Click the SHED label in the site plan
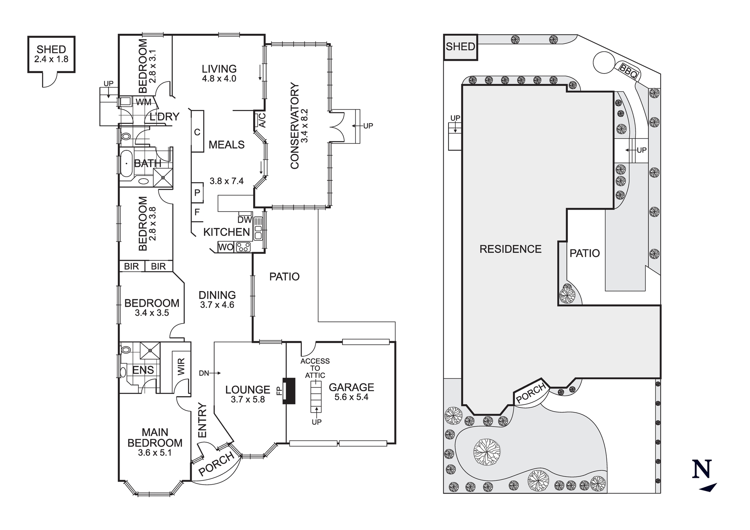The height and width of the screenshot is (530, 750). pyautogui.click(x=460, y=47)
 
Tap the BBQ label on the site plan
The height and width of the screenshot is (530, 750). pyautogui.click(x=628, y=71)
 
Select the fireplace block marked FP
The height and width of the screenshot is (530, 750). pyautogui.click(x=289, y=391)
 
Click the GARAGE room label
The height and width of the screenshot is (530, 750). pyautogui.click(x=351, y=387)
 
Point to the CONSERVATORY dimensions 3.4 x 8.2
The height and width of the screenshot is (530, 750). pyautogui.click(x=304, y=126)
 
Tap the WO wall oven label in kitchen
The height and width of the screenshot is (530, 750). pyautogui.click(x=226, y=247)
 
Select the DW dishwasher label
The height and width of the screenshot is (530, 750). pyautogui.click(x=244, y=219)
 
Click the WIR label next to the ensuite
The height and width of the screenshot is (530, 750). pyautogui.click(x=181, y=366)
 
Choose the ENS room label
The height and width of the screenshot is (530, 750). pyautogui.click(x=143, y=370)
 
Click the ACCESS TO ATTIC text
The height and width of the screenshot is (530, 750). pyautogui.click(x=315, y=368)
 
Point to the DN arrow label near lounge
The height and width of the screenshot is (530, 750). pyautogui.click(x=204, y=373)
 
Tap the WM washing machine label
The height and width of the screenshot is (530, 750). pyautogui.click(x=143, y=102)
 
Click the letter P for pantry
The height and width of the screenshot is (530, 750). pyautogui.click(x=197, y=193)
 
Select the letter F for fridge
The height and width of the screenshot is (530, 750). pyautogui.click(x=197, y=212)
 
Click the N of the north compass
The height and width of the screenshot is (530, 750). pyautogui.click(x=702, y=470)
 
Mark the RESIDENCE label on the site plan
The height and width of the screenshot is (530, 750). pyautogui.click(x=510, y=249)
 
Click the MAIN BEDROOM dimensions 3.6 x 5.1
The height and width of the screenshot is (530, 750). pyautogui.click(x=154, y=453)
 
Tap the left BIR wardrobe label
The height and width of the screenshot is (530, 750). pyautogui.click(x=131, y=266)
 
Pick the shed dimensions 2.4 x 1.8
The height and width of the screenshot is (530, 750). pyautogui.click(x=51, y=59)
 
